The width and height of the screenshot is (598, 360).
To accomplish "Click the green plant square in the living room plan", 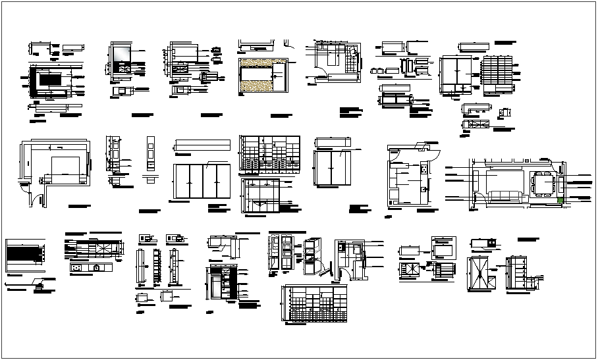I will pyautogui.click(x=560, y=201).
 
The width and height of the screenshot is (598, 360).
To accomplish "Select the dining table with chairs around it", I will pyautogui.click(x=543, y=184).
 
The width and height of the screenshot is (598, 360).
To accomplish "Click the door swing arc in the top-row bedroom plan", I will pyautogui.click(x=321, y=61).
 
